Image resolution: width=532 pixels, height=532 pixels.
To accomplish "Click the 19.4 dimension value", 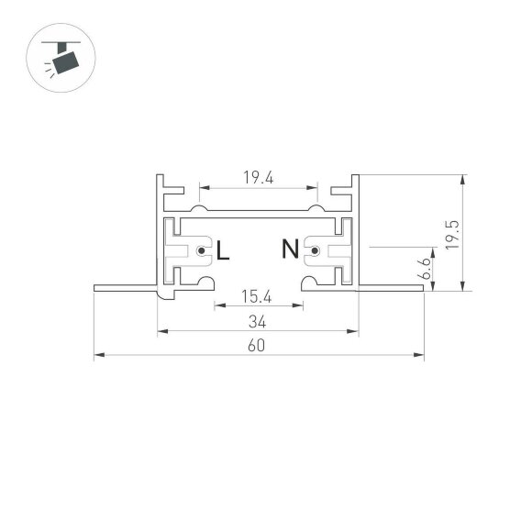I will (260, 179).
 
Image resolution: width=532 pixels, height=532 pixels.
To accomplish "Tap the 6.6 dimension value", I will (423, 267).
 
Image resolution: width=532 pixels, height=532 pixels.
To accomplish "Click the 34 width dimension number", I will (257, 321).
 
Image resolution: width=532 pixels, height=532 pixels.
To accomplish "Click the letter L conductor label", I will (223, 249).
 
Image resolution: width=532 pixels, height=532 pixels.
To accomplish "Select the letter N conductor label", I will (289, 249).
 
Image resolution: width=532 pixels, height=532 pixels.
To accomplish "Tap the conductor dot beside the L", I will (202, 249).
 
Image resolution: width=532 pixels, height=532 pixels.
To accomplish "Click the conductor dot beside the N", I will (313, 249).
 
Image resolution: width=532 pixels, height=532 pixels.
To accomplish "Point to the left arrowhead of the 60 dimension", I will (98, 354).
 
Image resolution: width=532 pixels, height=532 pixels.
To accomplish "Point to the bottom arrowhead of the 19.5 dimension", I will (464, 288).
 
